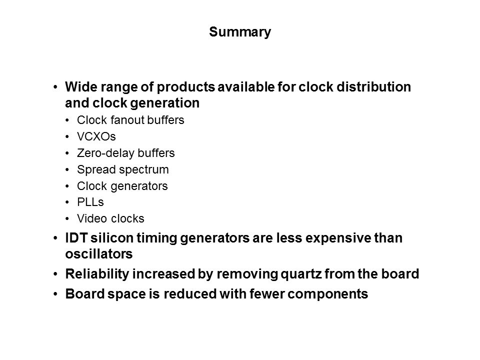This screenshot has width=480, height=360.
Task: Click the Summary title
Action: (x=240, y=32)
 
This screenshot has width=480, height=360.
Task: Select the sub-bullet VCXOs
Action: (x=96, y=136)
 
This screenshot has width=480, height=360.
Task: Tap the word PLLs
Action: (x=90, y=202)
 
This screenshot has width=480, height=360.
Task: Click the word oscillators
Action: (x=99, y=254)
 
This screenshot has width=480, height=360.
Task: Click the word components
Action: (x=328, y=294)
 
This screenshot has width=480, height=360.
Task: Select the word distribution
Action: (x=374, y=87)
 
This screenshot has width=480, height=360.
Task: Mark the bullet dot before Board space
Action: (x=55, y=294)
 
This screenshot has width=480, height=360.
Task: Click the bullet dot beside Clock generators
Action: (x=67, y=186)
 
